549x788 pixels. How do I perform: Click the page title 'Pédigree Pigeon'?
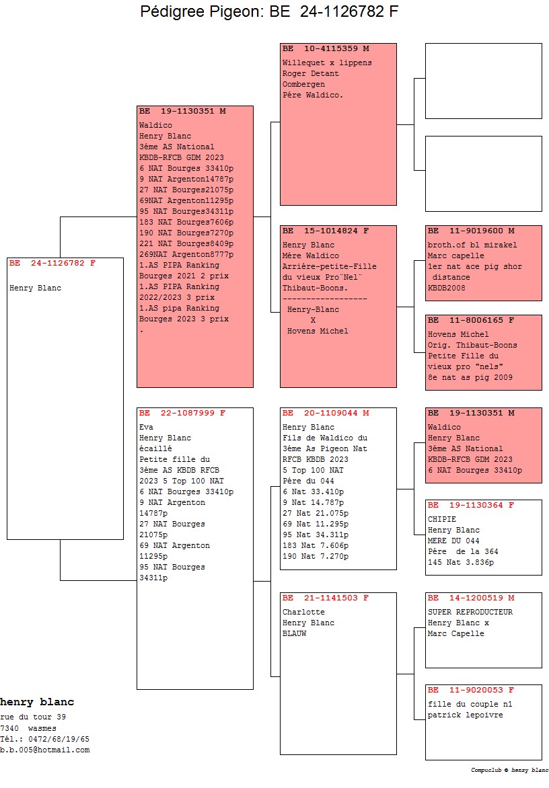point(269,12)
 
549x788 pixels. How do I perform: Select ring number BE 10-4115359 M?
point(326,49)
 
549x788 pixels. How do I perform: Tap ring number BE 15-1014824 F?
point(326,231)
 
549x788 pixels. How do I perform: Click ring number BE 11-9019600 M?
point(471,231)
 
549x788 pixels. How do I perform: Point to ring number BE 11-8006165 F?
point(471,321)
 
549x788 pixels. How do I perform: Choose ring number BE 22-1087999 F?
point(182,413)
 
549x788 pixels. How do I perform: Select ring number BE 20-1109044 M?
point(326,413)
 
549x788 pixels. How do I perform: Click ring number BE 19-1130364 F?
point(471,505)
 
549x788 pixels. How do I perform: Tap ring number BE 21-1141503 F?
point(326,598)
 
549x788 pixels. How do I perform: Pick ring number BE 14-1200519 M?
point(471,598)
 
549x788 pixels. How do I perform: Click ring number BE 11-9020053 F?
point(471,690)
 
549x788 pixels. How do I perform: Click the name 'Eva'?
point(146,427)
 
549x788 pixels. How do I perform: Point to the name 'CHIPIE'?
point(442,519)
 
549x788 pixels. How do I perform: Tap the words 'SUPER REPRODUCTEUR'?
point(470,612)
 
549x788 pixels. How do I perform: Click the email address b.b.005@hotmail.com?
point(45,750)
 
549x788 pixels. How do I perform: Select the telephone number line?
point(45,739)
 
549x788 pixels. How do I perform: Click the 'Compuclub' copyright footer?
point(509,770)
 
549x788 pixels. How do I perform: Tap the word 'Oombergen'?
point(303,84)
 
